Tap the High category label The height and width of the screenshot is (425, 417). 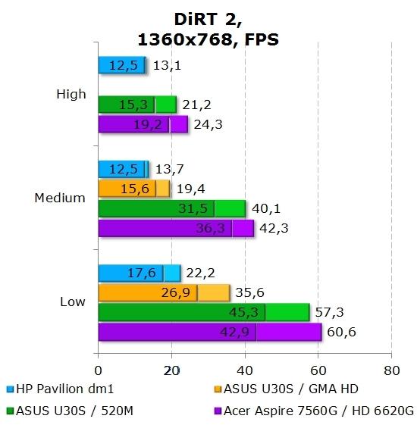71,95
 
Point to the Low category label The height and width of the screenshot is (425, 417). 72,302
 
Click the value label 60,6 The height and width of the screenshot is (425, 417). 340,332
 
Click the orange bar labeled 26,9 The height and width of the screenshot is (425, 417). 148,292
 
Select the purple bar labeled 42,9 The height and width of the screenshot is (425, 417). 178,332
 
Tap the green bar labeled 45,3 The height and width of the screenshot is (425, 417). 182,312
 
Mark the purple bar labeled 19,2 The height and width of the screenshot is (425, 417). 133,124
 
